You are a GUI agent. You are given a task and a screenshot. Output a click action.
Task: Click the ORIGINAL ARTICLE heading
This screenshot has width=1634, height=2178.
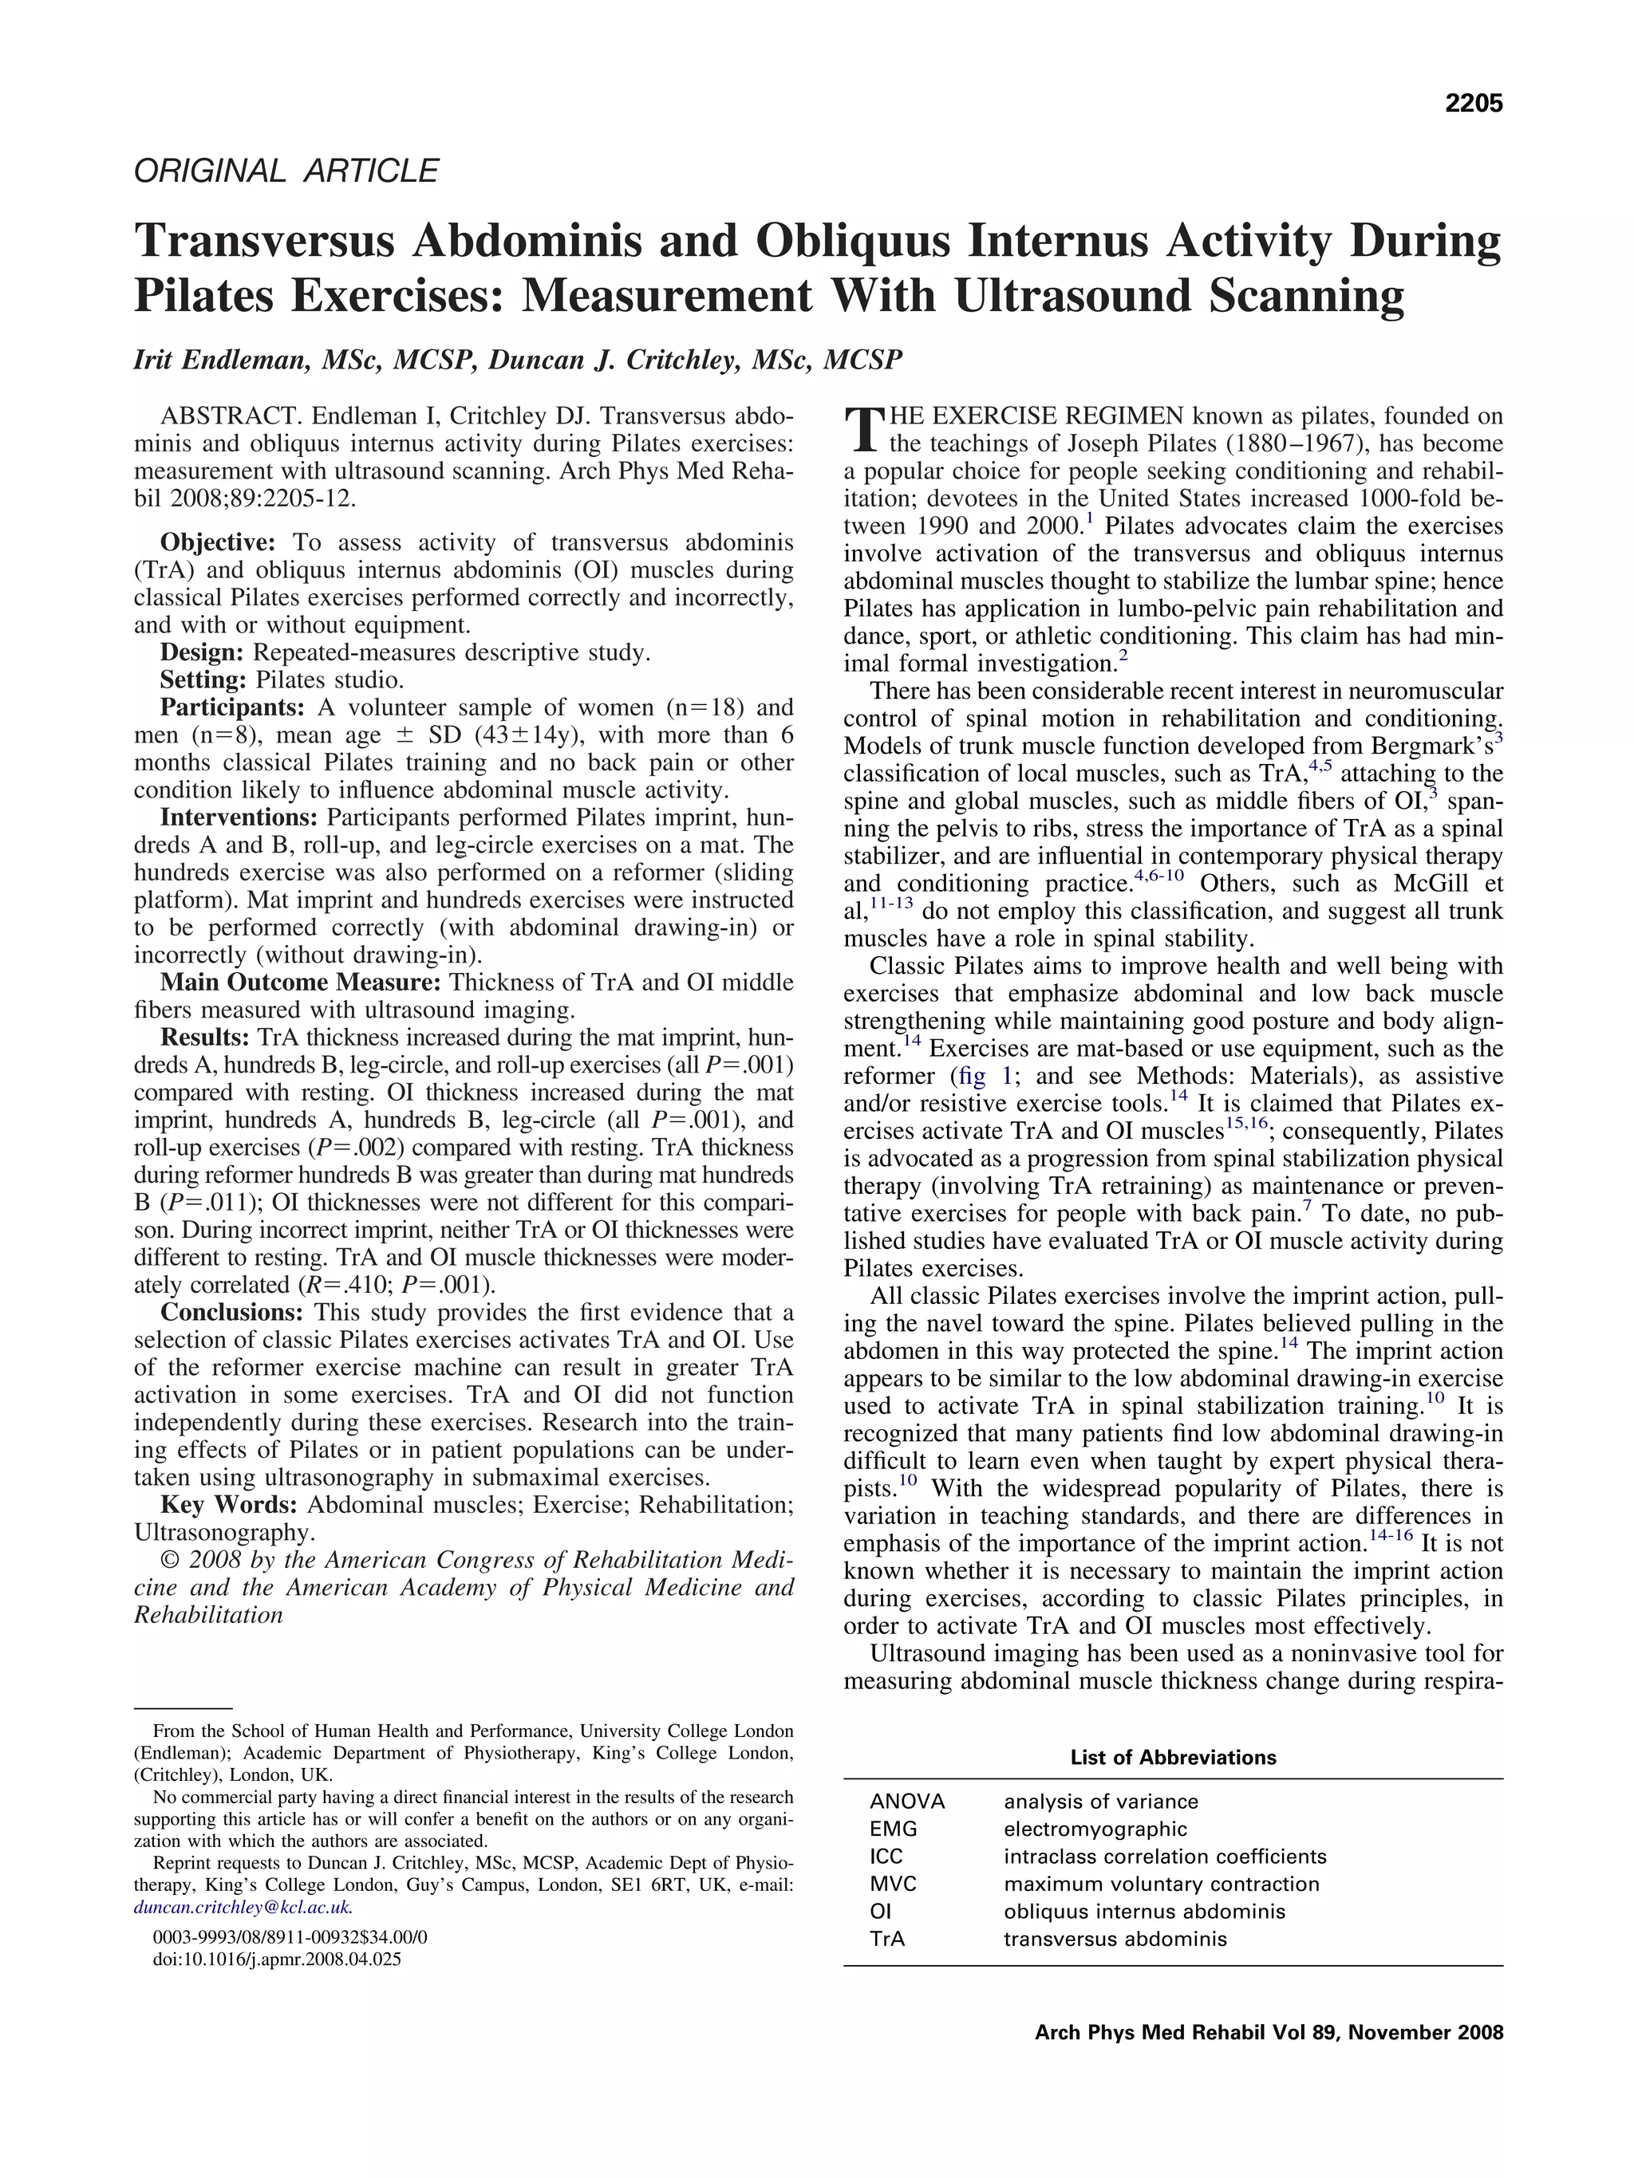[286, 171]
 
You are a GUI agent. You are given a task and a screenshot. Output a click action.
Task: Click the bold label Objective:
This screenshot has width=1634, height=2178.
[219, 542]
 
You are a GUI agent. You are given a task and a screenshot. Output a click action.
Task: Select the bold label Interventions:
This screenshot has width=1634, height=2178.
[239, 817]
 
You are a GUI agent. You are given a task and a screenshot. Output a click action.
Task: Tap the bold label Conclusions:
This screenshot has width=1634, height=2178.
[231, 1313]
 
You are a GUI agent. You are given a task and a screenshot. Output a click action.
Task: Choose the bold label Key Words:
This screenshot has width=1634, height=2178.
[228, 1505]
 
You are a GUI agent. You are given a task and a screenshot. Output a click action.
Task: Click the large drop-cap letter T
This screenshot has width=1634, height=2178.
[864, 429]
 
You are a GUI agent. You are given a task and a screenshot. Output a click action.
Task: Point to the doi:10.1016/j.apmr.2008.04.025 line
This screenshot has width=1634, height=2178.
[277, 1959]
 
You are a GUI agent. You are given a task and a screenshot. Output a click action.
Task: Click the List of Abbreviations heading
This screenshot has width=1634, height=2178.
[1172, 1758]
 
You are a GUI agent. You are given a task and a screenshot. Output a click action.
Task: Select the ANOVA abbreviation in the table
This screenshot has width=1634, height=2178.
[906, 1801]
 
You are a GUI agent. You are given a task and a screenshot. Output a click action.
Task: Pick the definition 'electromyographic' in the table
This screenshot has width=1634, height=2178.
[1095, 1829]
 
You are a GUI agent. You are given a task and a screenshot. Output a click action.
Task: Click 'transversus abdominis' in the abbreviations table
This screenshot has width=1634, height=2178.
[1115, 1939]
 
